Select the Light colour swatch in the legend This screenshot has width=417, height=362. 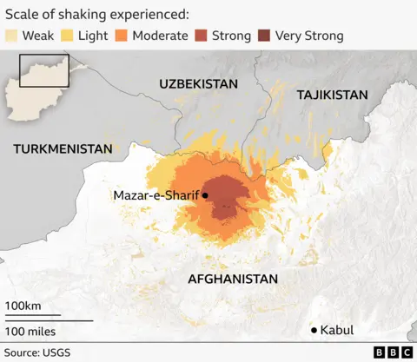coord(67,36)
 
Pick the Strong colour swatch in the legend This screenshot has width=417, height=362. coord(201,36)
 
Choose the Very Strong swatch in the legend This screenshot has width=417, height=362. coord(263,36)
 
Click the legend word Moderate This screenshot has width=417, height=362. coord(160,36)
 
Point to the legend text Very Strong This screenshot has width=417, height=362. coord(309,36)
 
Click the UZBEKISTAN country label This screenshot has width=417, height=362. coord(198,83)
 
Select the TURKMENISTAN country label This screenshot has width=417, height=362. coord(63,148)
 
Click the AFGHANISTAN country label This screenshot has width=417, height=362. coord(233,279)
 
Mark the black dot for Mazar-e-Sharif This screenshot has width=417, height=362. coord(205,195)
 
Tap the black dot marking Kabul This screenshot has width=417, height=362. coord(314,330)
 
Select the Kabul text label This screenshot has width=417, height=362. coord(338,330)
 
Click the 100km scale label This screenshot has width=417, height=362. coord(23,306)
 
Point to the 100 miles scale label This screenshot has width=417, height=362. coord(30,331)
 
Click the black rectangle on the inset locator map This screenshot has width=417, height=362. coord(44,69)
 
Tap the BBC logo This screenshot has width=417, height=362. coord(391,352)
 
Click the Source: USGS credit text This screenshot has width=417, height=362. coord(39,352)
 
